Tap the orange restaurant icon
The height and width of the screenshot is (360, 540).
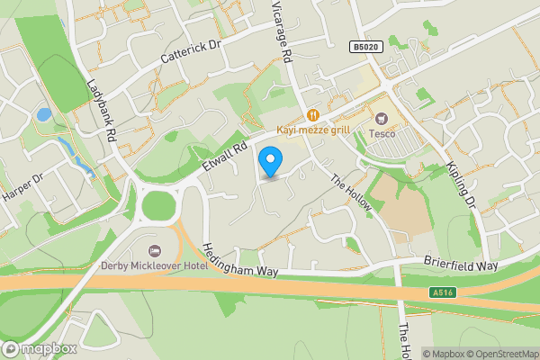point(313,114)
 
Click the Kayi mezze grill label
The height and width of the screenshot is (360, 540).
point(312,130)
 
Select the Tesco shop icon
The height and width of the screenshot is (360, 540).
point(382,118)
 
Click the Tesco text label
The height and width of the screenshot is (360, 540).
point(382,133)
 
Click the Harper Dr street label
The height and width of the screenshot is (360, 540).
point(22,189)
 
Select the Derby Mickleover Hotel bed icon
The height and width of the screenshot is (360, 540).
point(153,248)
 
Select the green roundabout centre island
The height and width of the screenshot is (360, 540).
point(158,206)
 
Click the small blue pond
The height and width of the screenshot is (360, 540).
point(43,115)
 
